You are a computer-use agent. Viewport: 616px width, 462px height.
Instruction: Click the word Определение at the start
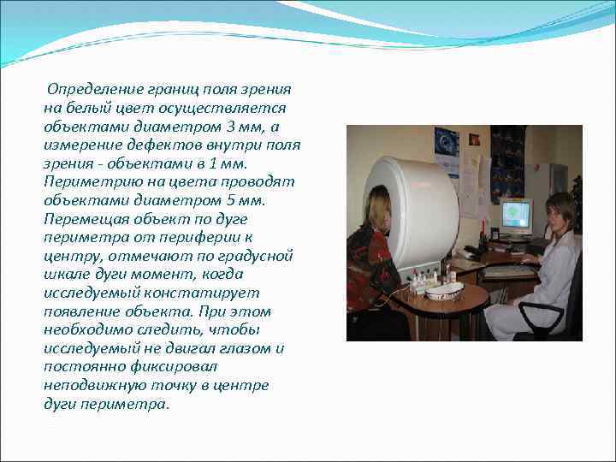tap(87, 90)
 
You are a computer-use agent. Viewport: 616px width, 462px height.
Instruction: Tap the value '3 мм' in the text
tap(251, 127)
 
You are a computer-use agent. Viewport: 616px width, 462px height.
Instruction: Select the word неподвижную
tap(87, 385)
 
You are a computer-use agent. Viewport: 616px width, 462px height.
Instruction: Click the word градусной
tap(258, 256)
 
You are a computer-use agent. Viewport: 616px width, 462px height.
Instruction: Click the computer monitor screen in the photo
tap(516, 214)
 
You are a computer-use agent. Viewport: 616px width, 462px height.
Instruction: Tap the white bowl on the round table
tap(444, 291)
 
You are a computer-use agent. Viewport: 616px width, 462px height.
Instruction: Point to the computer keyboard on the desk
tap(508, 271)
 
